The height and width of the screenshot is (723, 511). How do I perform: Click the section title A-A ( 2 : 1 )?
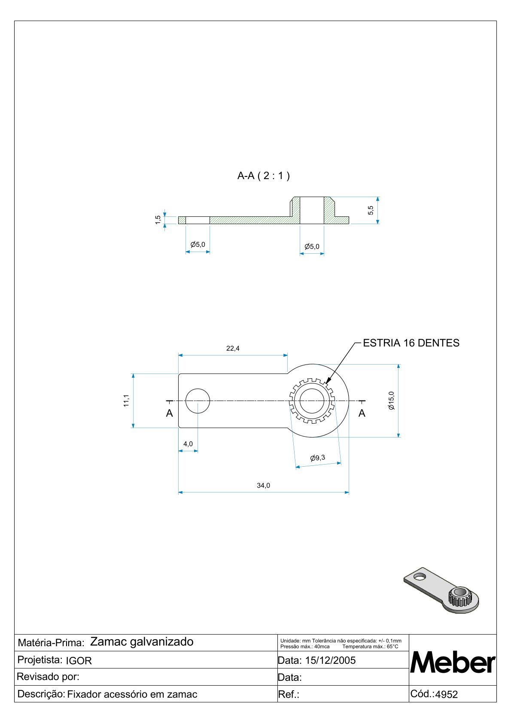[x=263, y=176]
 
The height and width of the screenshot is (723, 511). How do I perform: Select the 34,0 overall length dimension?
[x=263, y=486]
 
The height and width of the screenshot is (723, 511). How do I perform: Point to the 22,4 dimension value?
[x=233, y=348]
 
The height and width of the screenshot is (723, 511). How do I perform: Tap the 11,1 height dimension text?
[x=126, y=400]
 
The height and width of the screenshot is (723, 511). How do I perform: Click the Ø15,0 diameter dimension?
[x=391, y=400]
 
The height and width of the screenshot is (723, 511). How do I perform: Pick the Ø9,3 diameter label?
[x=318, y=458]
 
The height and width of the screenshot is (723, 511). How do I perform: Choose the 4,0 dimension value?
[x=188, y=444]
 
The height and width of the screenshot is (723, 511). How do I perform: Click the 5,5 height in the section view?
[x=371, y=210]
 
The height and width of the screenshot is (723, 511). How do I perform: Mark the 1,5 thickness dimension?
[x=158, y=220]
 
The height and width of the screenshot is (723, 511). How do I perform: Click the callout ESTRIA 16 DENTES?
[x=411, y=343]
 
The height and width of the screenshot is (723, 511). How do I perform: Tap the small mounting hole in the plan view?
[x=198, y=401]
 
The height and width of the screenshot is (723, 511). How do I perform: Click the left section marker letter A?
[x=170, y=413]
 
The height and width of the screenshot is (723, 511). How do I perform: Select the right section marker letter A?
[x=362, y=413]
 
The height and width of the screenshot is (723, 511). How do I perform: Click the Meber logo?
[x=453, y=662]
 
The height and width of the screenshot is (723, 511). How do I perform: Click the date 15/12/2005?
[x=330, y=660]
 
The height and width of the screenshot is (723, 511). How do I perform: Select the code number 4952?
[x=447, y=695]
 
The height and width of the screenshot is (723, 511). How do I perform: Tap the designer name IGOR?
[x=79, y=661]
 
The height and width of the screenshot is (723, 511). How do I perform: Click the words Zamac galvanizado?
[x=142, y=642]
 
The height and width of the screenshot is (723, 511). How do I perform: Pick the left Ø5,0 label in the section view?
[x=198, y=245]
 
